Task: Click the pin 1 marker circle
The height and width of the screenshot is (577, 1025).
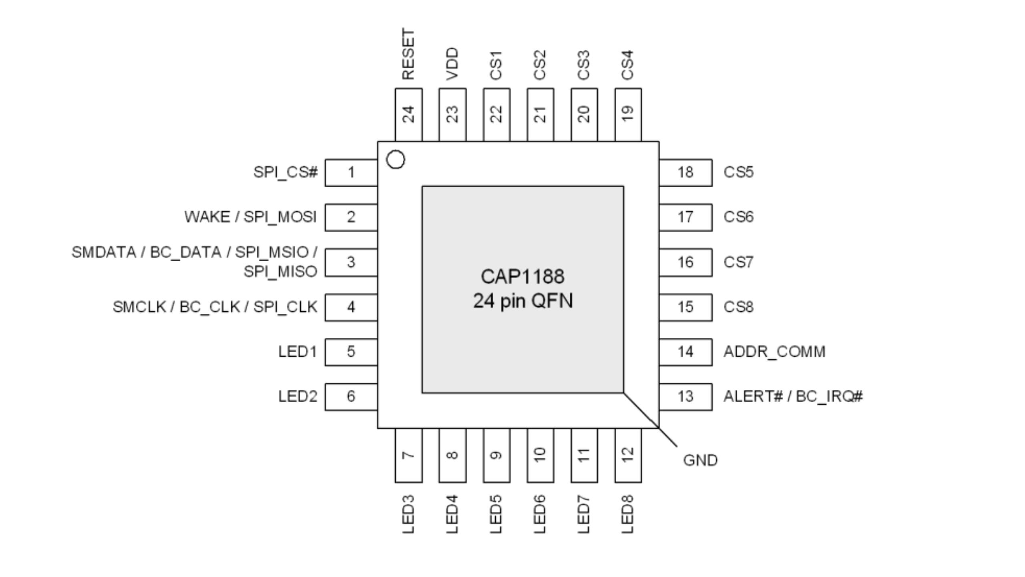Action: [x=396, y=160]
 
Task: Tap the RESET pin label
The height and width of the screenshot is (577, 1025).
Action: [x=408, y=54]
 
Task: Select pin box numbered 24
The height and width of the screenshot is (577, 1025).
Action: [x=408, y=114]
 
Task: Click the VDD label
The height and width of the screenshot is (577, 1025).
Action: [x=452, y=64]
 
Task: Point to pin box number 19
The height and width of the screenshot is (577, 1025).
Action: [x=628, y=114]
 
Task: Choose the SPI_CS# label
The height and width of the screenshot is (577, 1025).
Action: [x=285, y=172]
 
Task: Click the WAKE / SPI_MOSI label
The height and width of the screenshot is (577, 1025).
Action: [x=250, y=217]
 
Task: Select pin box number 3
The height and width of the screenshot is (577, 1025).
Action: [x=351, y=262]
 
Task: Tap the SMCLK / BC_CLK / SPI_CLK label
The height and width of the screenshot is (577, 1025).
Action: [x=215, y=307]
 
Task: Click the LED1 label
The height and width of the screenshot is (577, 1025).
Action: [x=297, y=352]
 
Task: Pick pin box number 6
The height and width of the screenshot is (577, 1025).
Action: [x=351, y=396]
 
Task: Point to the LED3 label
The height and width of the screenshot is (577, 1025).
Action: [x=408, y=514]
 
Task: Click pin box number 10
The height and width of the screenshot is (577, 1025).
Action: [x=540, y=455]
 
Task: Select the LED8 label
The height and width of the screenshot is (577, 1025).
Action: [x=627, y=514]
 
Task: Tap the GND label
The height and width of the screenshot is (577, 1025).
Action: [x=700, y=460]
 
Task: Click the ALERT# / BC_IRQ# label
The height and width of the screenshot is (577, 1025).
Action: [x=793, y=396]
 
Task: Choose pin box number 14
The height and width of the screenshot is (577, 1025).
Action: [x=685, y=352]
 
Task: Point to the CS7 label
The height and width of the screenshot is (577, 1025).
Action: [x=738, y=262]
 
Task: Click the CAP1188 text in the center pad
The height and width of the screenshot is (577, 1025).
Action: [x=523, y=276]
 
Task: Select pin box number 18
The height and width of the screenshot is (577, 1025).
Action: [x=685, y=172]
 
